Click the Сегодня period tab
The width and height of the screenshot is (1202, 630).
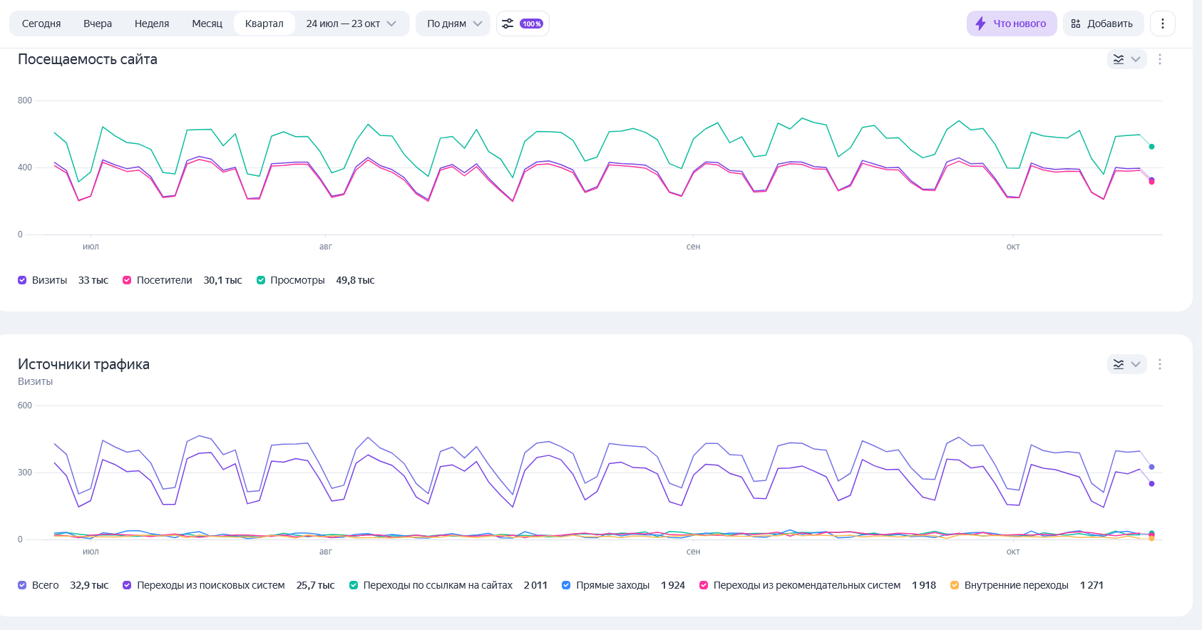pyautogui.click(x=41, y=24)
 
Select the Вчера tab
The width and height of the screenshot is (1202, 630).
pyautogui.click(x=98, y=24)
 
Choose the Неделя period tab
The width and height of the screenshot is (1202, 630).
pyautogui.click(x=152, y=24)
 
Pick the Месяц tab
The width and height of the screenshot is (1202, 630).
pyautogui.click(x=207, y=24)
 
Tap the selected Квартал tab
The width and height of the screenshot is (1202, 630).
pyautogui.click(x=264, y=24)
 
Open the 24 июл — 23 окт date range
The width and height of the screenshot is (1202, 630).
pyautogui.click(x=351, y=24)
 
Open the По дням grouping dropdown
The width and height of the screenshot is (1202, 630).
pyautogui.click(x=454, y=24)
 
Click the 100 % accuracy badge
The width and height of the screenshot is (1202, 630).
pyautogui.click(x=531, y=24)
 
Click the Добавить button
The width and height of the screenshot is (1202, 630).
pyautogui.click(x=1103, y=24)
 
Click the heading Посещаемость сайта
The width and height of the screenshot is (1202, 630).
pyautogui.click(x=88, y=60)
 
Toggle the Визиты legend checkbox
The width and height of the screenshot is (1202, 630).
pyautogui.click(x=22, y=280)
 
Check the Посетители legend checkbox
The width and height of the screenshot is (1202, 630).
pyautogui.click(x=127, y=280)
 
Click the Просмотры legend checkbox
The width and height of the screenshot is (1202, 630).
pyautogui.click(x=261, y=280)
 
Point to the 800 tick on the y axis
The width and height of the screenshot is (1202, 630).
pyautogui.click(x=25, y=100)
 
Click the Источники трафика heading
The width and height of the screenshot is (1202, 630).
pyautogui.click(x=83, y=364)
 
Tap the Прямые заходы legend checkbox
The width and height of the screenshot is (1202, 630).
pyautogui.click(x=566, y=585)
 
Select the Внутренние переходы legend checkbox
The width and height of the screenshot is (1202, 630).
pyautogui.click(x=955, y=585)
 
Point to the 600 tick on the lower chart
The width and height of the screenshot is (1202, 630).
pyautogui.click(x=25, y=406)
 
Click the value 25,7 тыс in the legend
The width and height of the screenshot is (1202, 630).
pyautogui.click(x=315, y=585)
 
